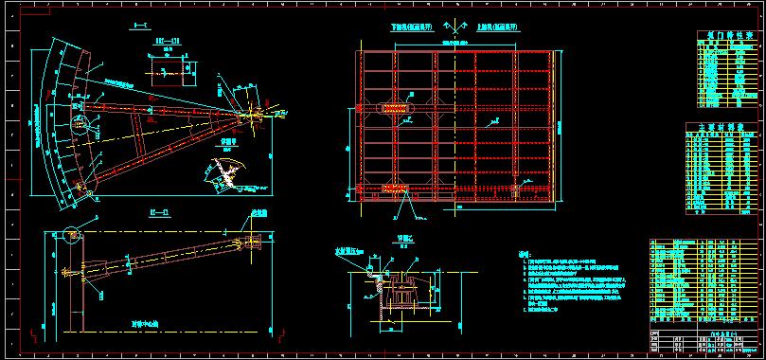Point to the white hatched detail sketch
click(x=225, y=172)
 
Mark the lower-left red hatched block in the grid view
click(x=396, y=189)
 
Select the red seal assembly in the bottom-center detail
click(x=381, y=281)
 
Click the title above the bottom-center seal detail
click(x=407, y=240)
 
